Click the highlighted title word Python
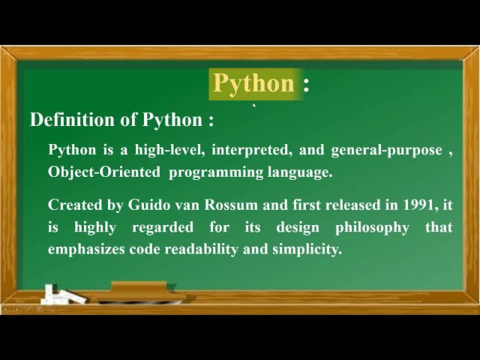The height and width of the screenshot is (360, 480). click(253, 83)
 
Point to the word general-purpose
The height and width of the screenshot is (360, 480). click(386, 150)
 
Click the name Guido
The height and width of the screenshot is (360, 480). click(149, 205)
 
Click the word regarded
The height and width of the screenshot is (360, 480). click(163, 227)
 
